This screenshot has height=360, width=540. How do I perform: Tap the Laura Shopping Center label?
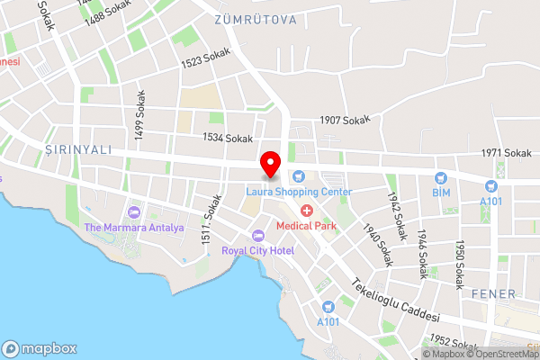coord(299,192)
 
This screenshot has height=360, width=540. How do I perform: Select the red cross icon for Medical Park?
coord(307,210)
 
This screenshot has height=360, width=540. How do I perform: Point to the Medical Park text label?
coord(306,225)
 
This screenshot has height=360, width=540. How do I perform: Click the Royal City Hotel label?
coord(257,250)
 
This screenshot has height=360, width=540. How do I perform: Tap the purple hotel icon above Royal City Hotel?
coord(257,236)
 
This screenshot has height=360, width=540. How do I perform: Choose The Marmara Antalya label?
coord(134,228)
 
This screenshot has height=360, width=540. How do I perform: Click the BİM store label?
coord(441,193)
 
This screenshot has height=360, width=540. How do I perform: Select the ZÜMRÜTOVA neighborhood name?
coord(256,18)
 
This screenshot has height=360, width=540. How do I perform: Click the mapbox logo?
coord(39,348)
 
